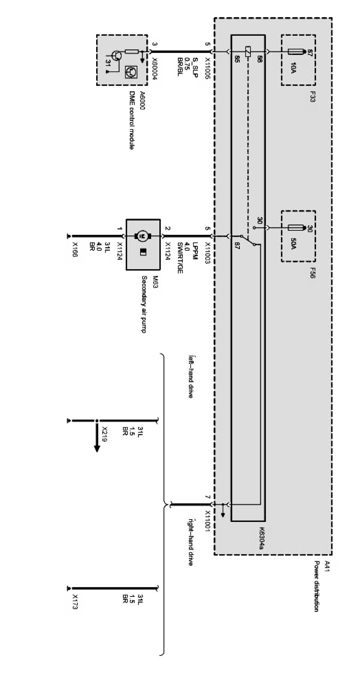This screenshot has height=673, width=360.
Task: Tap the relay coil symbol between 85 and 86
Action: (247, 51)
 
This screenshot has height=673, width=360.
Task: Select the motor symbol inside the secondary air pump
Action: (143, 236)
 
